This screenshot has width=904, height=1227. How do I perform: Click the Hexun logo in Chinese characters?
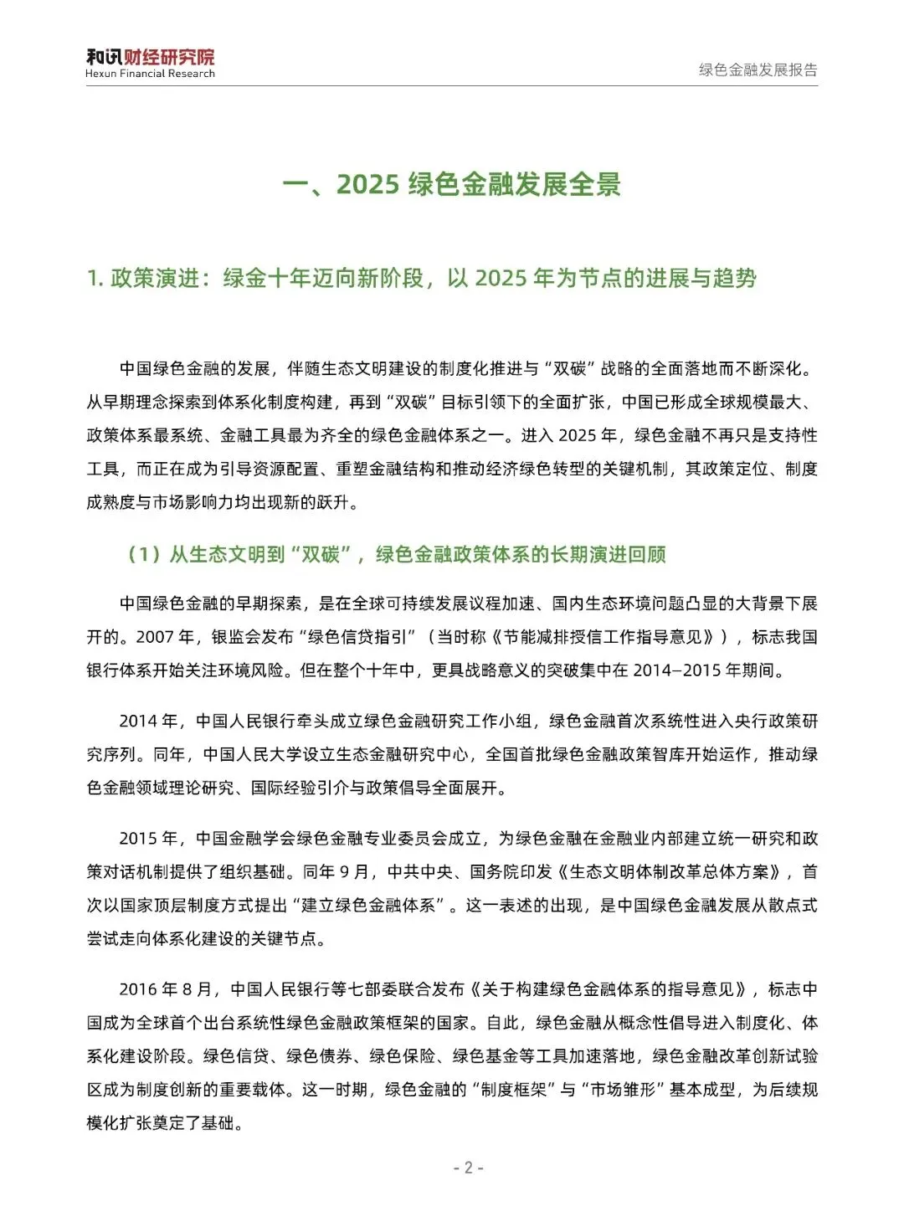[x=150, y=57]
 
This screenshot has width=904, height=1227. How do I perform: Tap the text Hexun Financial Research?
[x=150, y=74]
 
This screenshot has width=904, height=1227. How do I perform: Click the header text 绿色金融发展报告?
[x=758, y=70]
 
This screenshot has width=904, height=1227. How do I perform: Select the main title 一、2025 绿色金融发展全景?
[x=452, y=184]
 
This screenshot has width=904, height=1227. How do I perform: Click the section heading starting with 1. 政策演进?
[x=422, y=278]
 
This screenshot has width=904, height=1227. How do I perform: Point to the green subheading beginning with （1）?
[x=397, y=554]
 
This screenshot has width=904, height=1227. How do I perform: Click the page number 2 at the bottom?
[x=469, y=1168]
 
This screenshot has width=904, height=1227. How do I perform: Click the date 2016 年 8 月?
[x=168, y=989]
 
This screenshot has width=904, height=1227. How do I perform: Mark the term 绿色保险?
[x=403, y=1056]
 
